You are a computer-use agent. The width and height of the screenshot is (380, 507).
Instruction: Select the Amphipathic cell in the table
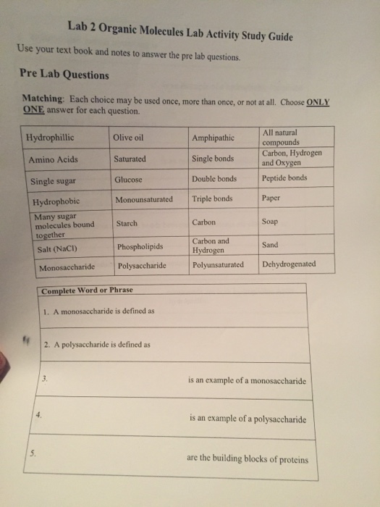(213, 138)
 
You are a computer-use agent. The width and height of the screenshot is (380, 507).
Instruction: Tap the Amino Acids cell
(53, 159)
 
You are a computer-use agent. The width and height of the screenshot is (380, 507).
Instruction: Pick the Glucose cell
(128, 179)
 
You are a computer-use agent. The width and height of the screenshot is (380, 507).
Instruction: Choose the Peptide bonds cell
(284, 177)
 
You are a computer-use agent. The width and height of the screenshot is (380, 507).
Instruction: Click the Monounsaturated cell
(144, 199)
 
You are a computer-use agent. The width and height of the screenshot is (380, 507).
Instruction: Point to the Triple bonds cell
(212, 198)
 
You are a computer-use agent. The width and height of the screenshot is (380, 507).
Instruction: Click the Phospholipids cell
(140, 246)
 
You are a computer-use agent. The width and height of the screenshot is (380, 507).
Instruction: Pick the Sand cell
(270, 245)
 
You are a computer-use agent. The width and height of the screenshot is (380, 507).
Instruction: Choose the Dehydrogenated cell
(289, 264)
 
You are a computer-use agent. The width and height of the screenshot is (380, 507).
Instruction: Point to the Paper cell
(272, 197)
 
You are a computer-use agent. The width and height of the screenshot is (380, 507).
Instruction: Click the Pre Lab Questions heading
(64, 75)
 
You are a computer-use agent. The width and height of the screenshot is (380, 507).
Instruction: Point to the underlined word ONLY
(318, 102)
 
